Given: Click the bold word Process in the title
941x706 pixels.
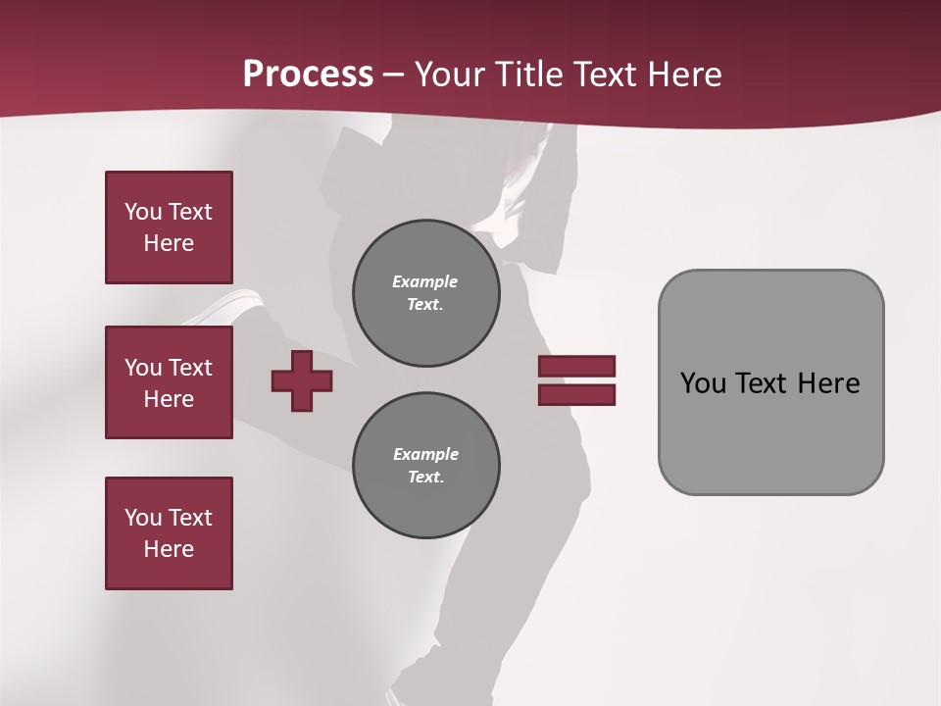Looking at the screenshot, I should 308,75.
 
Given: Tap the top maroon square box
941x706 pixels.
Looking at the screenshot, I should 169,227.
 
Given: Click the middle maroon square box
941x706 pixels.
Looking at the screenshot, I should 169,382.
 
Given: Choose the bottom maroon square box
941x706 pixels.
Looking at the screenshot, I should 169,533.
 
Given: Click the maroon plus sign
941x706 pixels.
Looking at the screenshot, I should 302,381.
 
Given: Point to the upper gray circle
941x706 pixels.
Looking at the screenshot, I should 425,293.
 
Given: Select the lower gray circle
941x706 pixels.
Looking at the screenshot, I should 425,466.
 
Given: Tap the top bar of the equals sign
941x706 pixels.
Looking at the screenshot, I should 576,366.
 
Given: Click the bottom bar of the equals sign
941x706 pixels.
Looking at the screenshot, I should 576,395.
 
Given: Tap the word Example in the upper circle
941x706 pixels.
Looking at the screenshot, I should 425,281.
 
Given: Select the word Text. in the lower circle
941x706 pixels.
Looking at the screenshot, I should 425,478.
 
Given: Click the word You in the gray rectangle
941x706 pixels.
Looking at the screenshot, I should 703,383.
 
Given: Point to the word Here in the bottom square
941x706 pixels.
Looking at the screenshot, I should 169,549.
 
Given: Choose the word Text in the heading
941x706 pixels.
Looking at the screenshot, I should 603,75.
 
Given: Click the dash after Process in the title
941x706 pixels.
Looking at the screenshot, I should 394,75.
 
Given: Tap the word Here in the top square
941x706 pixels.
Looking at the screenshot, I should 169,243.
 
